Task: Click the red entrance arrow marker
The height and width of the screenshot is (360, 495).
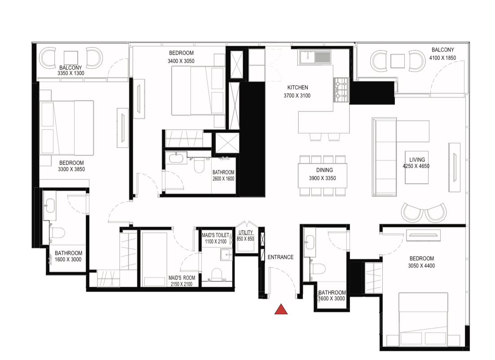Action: point(281,310)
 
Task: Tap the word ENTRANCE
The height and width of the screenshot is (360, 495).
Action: point(281,257)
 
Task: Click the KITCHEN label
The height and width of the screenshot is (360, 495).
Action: point(297,88)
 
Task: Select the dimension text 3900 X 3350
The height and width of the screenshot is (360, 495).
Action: point(323,178)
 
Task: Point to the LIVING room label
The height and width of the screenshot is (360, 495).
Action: point(417,160)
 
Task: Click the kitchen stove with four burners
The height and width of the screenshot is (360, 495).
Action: point(341,90)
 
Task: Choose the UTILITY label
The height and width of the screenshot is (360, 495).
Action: point(246,233)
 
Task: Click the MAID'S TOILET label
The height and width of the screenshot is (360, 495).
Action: point(215,235)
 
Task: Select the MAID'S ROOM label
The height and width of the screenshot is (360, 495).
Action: point(181,278)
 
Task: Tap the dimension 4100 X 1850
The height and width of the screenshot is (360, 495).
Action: point(442,58)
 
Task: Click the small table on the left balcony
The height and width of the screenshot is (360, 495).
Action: point(71,58)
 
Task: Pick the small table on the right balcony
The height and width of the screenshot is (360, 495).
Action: point(398,61)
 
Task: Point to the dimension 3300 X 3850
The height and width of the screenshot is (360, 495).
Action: point(71,169)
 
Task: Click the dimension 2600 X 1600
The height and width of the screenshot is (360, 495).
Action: point(223,179)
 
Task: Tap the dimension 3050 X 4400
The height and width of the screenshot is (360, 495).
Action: point(421,266)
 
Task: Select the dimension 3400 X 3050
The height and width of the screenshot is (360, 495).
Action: point(181,61)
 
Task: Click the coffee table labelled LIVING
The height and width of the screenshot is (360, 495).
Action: point(417,167)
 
